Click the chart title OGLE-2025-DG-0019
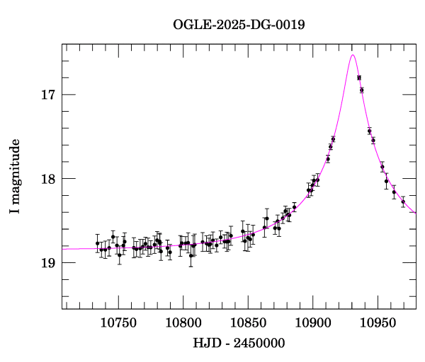239,25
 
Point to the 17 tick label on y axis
49,95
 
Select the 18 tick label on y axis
49,179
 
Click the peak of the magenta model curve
352,55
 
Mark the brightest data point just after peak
359,78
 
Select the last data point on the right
403,202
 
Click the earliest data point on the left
98,243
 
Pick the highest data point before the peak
333,139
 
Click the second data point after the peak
362,90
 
